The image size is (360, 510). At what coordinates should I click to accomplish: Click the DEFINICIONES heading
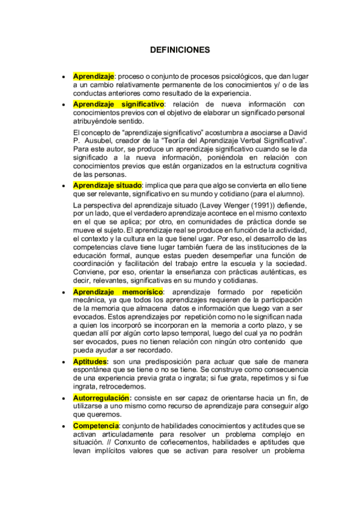(x=180, y=50)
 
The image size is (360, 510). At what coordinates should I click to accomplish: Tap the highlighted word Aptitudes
(x=90, y=361)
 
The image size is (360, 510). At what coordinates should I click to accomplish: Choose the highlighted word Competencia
(x=96, y=426)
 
